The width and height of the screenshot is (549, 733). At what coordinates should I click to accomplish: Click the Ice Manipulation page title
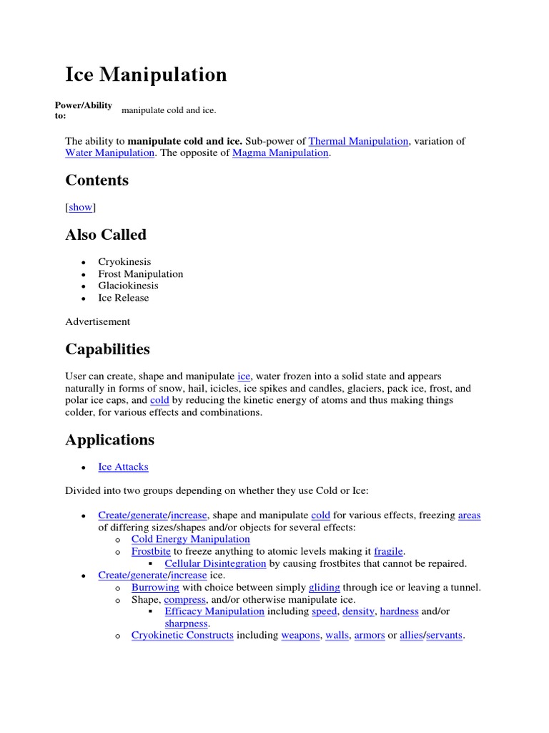(146, 74)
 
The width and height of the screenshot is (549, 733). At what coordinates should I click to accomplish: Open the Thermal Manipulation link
(358, 141)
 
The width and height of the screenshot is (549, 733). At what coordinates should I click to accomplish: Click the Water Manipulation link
(109, 153)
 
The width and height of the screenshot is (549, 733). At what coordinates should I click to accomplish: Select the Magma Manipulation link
(280, 153)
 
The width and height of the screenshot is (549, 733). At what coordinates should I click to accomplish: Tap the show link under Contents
(80, 207)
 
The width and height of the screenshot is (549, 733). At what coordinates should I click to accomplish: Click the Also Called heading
(106, 235)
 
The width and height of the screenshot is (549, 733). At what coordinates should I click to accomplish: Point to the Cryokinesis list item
(124, 262)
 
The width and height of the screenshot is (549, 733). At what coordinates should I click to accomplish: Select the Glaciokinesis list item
(128, 286)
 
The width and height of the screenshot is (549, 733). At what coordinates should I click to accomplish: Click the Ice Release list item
(124, 298)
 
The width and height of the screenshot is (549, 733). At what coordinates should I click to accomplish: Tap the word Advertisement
(98, 321)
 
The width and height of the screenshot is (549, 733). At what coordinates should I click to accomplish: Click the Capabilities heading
(108, 349)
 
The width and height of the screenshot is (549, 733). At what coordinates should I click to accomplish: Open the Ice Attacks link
(123, 467)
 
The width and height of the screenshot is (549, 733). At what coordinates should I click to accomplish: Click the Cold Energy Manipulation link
(190, 539)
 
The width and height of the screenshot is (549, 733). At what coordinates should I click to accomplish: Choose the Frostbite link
(151, 551)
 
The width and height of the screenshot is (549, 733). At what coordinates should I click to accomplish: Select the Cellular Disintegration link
(215, 563)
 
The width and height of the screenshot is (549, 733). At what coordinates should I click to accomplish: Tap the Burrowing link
(155, 588)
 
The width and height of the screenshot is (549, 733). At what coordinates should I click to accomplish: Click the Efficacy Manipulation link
(214, 611)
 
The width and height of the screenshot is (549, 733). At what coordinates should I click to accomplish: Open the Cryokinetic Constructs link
(182, 635)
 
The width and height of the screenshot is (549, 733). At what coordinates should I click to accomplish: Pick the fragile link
(388, 551)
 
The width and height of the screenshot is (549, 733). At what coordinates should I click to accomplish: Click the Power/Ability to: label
(83, 110)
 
